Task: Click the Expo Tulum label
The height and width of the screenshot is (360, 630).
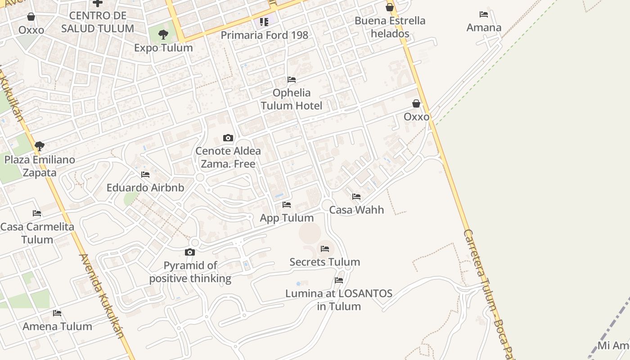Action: click(x=163, y=48)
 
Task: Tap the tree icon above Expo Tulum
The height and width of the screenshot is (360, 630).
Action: click(x=163, y=34)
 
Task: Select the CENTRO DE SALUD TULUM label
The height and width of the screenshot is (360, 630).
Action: click(x=97, y=22)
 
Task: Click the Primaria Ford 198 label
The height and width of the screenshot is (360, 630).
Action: click(x=264, y=35)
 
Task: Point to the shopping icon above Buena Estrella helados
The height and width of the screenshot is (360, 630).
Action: click(x=390, y=7)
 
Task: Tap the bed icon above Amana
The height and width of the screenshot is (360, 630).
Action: click(x=484, y=14)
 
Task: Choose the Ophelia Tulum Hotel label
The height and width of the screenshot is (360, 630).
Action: click(x=292, y=99)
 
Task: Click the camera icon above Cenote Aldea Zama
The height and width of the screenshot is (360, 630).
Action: click(x=228, y=138)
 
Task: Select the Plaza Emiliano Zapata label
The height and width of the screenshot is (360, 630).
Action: click(x=40, y=166)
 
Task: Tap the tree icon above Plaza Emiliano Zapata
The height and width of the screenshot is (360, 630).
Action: click(x=40, y=146)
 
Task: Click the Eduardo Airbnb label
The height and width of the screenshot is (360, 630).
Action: click(x=145, y=188)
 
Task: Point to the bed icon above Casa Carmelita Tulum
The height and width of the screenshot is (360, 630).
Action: click(x=37, y=213)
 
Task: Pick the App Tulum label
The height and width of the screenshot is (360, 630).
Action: click(x=287, y=218)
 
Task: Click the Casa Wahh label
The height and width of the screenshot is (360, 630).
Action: click(x=356, y=210)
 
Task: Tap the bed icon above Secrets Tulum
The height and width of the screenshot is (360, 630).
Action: click(x=325, y=249)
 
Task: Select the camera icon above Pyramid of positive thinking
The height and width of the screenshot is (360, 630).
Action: click(x=190, y=252)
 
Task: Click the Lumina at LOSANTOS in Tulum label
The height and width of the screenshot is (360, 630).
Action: click(x=339, y=300)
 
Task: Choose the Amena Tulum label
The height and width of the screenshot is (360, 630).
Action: click(x=57, y=326)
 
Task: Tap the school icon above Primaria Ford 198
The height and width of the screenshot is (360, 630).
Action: click(x=264, y=22)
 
